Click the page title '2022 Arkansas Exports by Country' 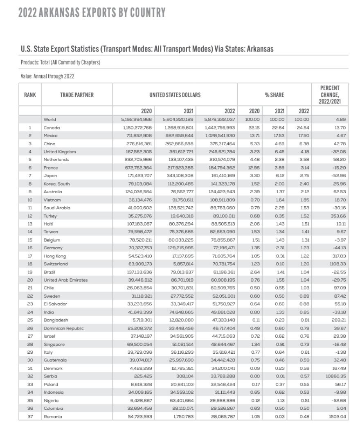pyautogui.click(x=92, y=13)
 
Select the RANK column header pyautogui.click(x=30, y=95)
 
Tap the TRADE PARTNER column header pyautogui.click(x=77, y=95)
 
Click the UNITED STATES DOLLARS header pyautogui.click(x=175, y=95)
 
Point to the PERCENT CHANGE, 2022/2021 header pyautogui.click(x=330, y=95)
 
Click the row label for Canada pyautogui.click(x=52, y=128)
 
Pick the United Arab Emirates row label pyautogui.click(x=65, y=280)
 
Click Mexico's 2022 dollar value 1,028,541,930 pyautogui.click(x=219, y=135)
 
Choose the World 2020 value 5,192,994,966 pyautogui.click(x=137, y=120)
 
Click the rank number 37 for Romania pyautogui.click(x=30, y=416)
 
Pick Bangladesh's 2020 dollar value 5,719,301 pyautogui.click(x=141, y=320)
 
